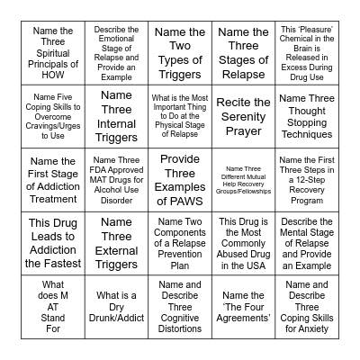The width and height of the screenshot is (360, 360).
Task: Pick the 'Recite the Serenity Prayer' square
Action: tap(243, 116)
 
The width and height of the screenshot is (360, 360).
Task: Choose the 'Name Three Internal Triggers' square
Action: tap(116, 116)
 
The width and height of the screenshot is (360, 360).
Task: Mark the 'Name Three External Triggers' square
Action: tap(116, 243)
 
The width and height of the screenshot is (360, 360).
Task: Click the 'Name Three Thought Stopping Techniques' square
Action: tap(307, 116)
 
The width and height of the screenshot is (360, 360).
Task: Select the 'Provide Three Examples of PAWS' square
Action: tap(180, 180)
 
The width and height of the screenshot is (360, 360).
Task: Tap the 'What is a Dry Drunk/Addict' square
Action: tap(116, 307)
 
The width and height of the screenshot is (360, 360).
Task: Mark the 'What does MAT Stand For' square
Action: tap(53, 307)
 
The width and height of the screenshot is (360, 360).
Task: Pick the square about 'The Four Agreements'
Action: tap(243, 307)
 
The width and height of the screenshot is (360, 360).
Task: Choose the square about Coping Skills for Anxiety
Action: tap(307, 307)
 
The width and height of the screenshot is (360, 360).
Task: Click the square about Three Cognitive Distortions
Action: tap(180, 307)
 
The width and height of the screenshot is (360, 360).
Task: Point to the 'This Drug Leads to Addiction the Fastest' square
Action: tap(53, 243)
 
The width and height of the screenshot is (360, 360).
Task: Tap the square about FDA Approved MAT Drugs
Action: tap(116, 180)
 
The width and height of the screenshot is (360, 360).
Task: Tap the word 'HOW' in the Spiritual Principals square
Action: tap(53, 75)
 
